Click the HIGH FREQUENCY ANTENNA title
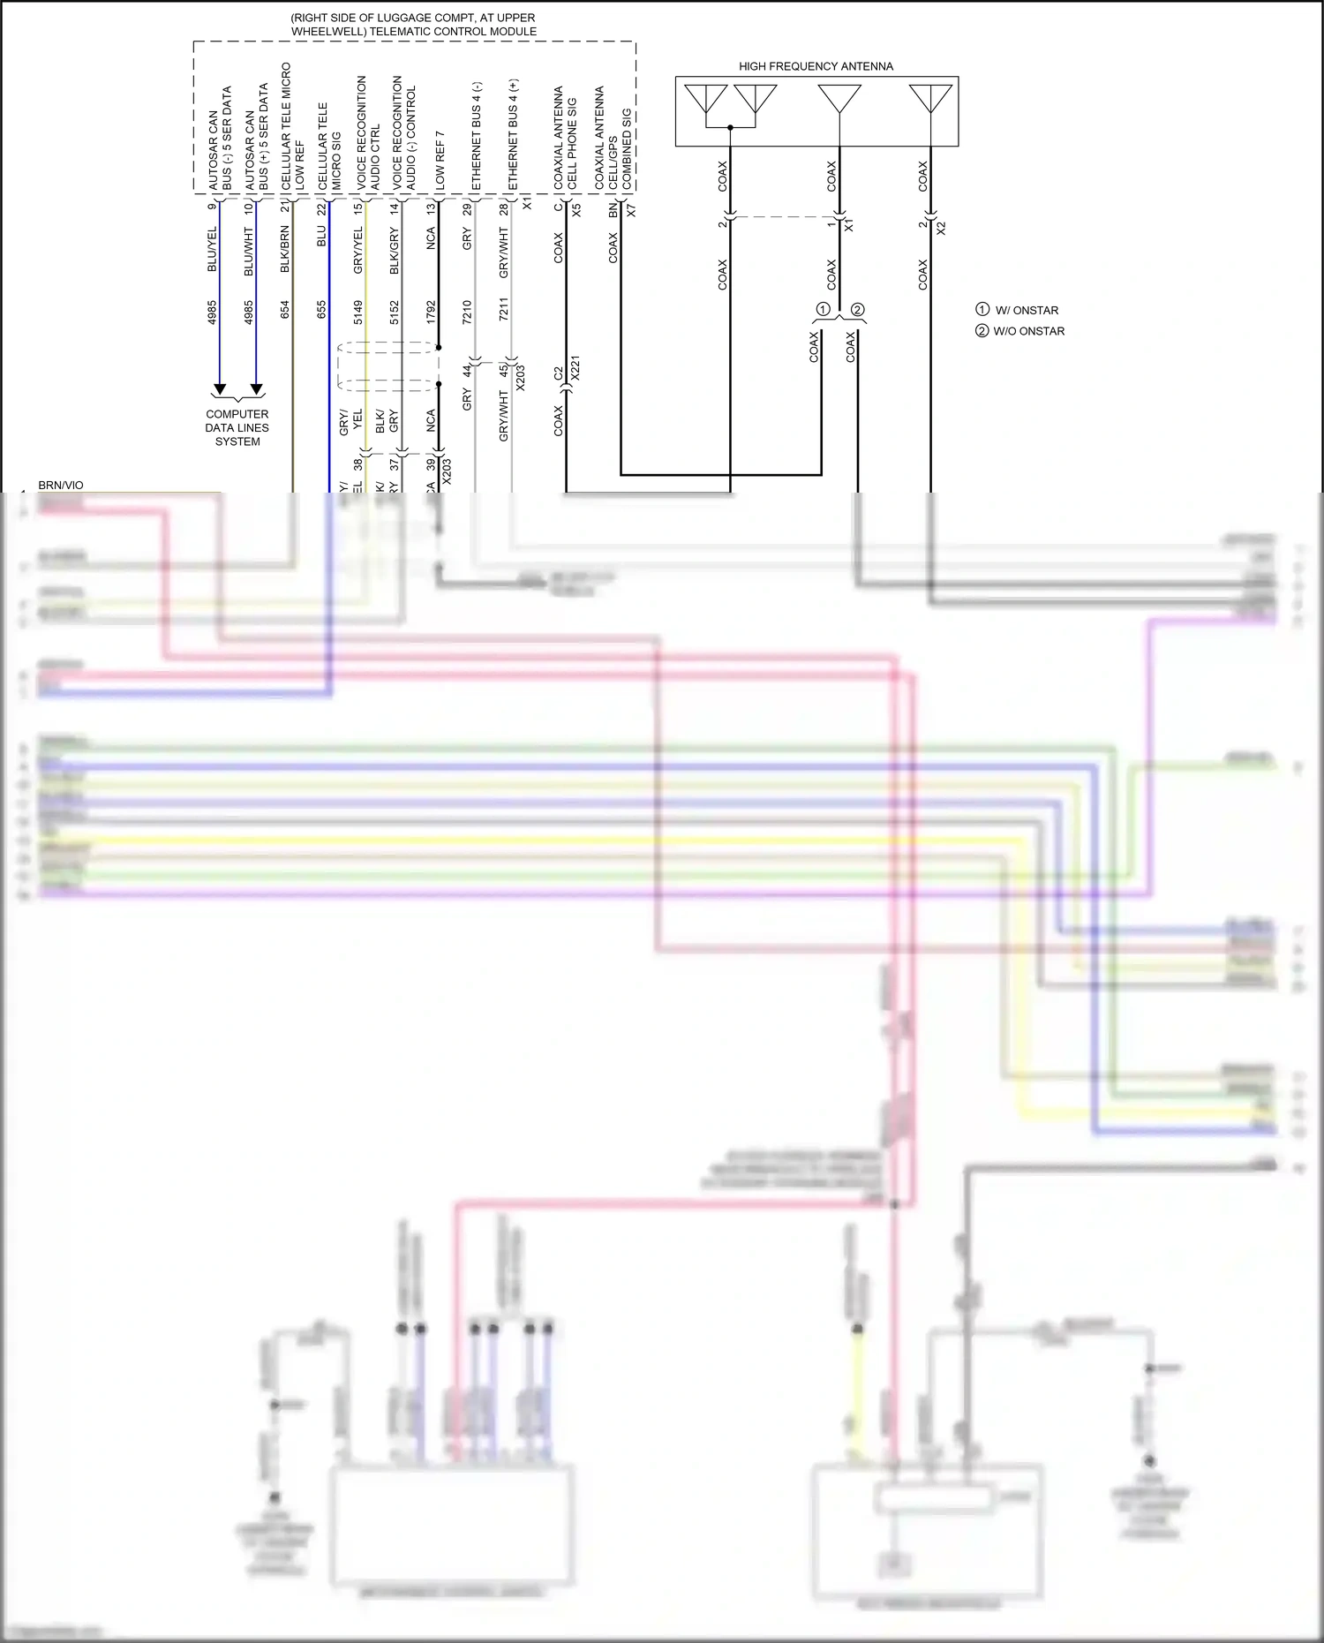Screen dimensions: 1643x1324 (x=816, y=66)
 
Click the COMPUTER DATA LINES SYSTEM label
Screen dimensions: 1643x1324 (x=237, y=427)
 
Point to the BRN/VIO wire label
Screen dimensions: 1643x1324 (x=61, y=486)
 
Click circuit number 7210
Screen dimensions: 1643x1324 (x=467, y=312)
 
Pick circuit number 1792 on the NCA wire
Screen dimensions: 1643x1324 (x=431, y=312)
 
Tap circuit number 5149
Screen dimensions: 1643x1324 (x=358, y=312)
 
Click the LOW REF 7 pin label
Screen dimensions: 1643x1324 (x=440, y=159)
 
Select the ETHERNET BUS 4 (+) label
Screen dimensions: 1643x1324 (x=514, y=134)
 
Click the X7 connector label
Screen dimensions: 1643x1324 (x=631, y=210)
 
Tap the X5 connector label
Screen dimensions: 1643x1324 (x=576, y=210)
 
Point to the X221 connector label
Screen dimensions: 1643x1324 (x=575, y=367)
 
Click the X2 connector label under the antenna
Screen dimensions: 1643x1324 (x=941, y=228)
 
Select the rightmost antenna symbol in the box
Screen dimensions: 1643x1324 (x=930, y=98)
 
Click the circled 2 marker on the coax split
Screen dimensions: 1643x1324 (x=857, y=310)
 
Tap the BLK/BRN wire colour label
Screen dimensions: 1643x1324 (x=285, y=249)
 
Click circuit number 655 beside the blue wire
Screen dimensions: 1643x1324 (x=321, y=309)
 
